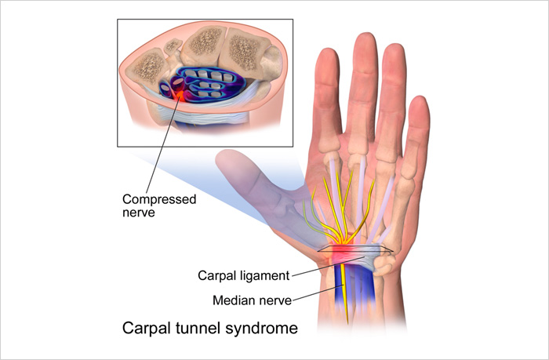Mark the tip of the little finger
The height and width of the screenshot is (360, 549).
(420, 104)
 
